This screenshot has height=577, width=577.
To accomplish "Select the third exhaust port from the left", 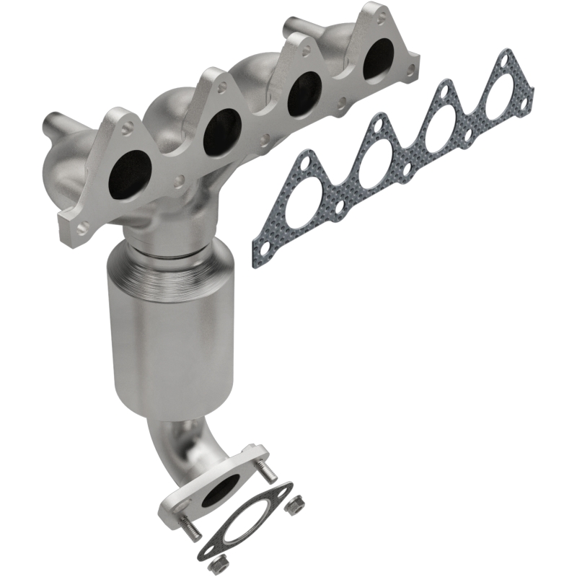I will [304, 93].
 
